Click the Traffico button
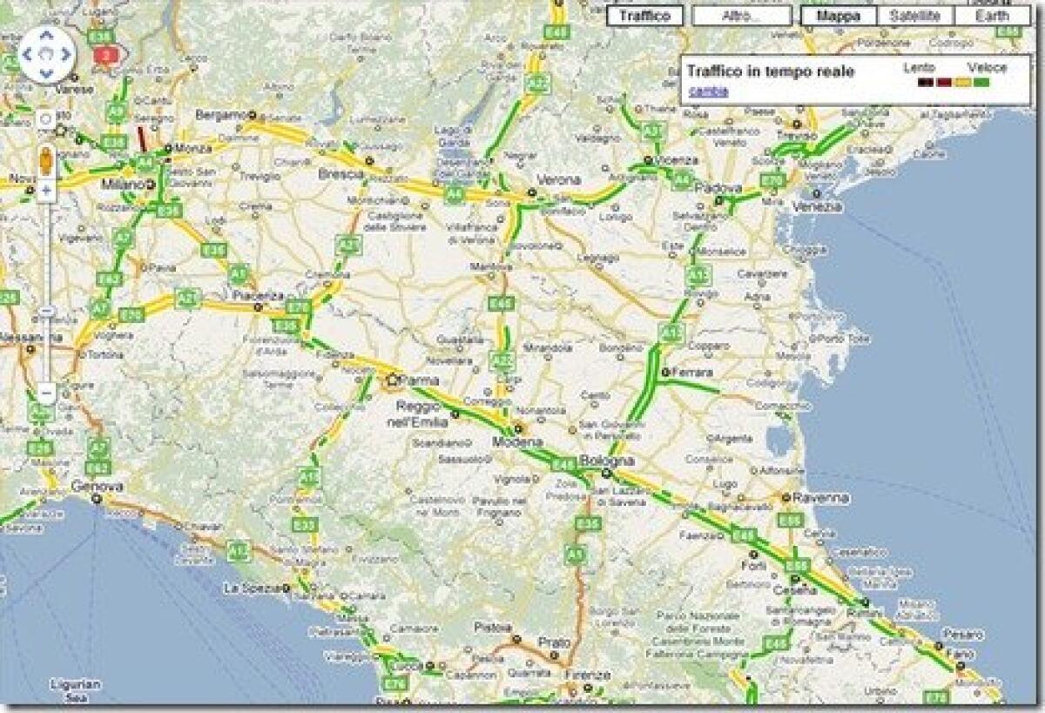[x=644, y=16]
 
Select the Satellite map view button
[x=915, y=16]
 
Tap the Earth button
[x=992, y=16]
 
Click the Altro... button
[x=741, y=16]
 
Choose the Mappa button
[x=839, y=16]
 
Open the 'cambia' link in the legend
[x=703, y=91]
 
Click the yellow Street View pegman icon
[x=45, y=160]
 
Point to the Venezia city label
[x=818, y=206]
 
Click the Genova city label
[x=97, y=486]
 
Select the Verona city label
[x=558, y=179]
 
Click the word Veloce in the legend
[x=987, y=68]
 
